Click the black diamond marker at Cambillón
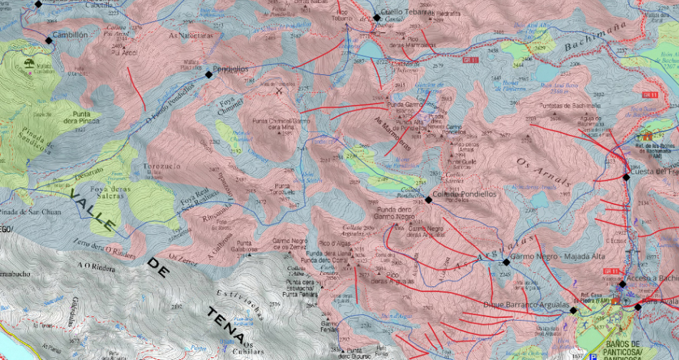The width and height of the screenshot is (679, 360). (49, 41)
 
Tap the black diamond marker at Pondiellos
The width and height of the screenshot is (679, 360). (209, 74)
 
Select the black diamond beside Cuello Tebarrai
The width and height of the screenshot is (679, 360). (377, 18)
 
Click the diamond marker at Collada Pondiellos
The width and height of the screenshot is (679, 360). (428, 200)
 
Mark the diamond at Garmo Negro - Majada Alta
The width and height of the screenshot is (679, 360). (506, 261)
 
